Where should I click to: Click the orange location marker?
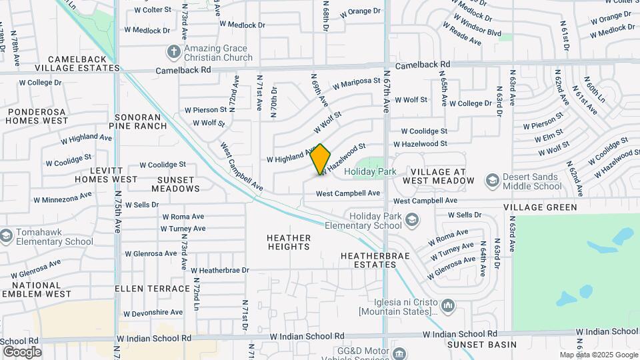click(321, 159)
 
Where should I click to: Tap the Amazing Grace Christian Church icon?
click(174, 52)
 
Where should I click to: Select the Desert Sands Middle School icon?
click(493, 181)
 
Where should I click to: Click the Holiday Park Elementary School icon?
click(412, 219)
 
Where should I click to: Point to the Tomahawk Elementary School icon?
click(6, 236)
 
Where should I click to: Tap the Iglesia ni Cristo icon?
click(447, 306)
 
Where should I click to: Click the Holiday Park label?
click(370, 172)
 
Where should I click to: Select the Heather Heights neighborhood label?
click(289, 242)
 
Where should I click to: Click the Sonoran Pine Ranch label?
click(141, 121)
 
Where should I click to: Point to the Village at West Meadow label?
click(439, 177)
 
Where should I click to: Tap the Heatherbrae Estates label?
click(369, 260)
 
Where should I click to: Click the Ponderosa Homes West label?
click(37, 116)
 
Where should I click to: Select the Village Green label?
click(540, 207)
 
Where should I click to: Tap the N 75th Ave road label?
click(117, 212)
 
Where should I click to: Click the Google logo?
click(22, 352)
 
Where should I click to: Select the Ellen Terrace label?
click(152, 289)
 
